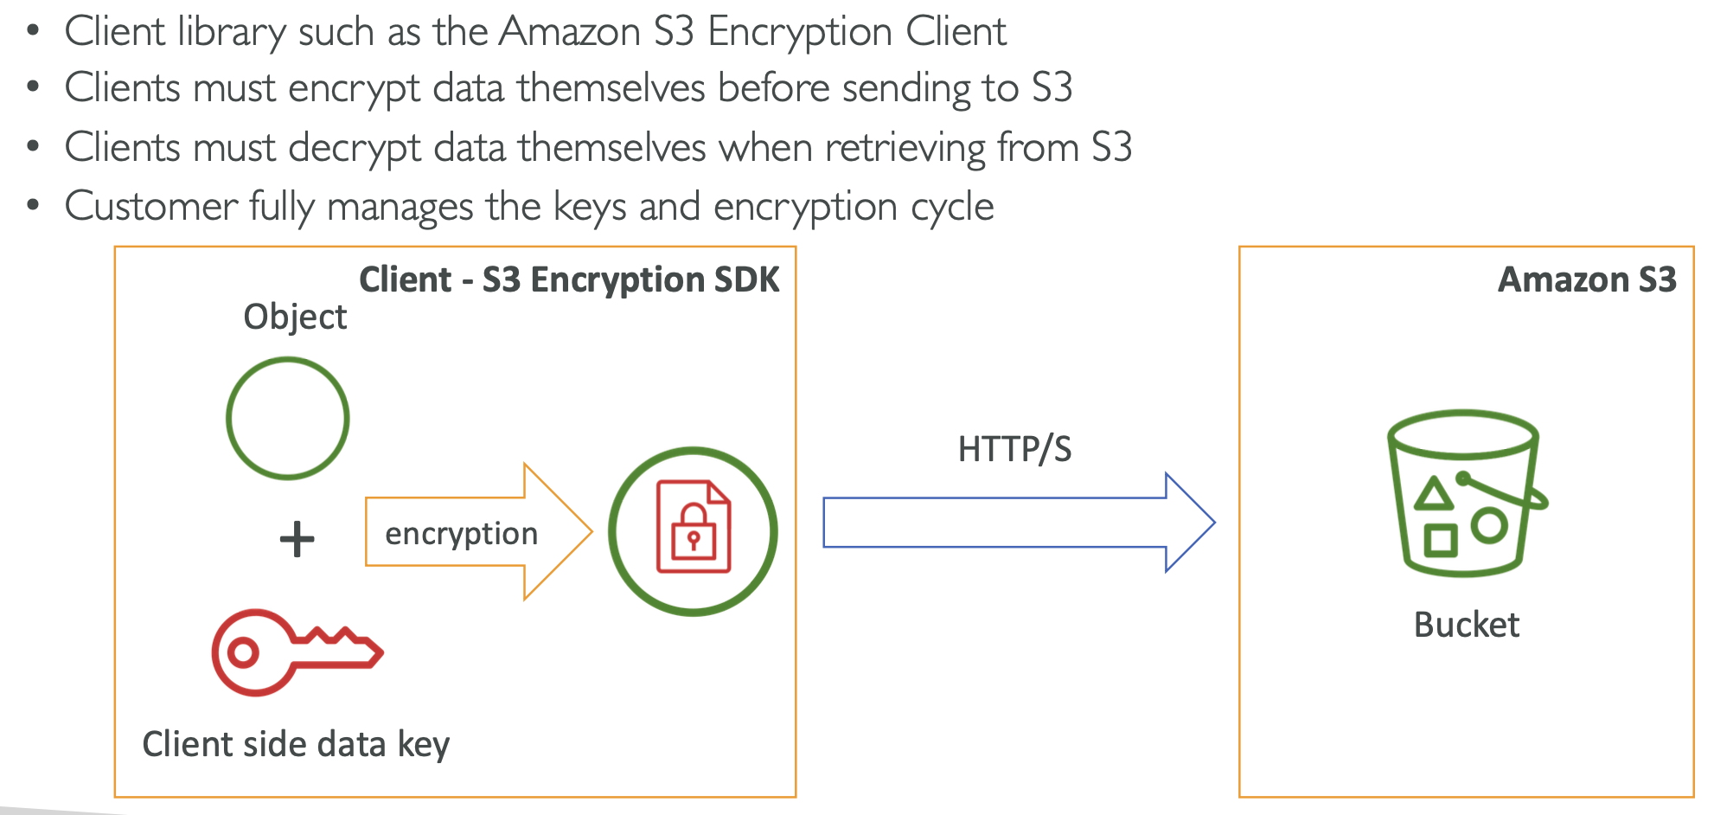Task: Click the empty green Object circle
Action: click(x=287, y=419)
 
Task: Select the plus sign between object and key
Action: click(x=297, y=539)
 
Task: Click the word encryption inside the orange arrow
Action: click(x=461, y=534)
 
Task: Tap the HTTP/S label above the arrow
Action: click(x=1014, y=449)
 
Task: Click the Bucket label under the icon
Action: click(x=1466, y=625)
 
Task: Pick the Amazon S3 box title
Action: click(x=1586, y=279)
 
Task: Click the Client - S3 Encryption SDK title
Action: click(x=569, y=279)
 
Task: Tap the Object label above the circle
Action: click(x=295, y=318)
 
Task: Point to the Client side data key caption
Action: click(x=296, y=744)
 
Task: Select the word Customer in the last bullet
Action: click(x=150, y=207)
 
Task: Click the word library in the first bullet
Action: click(x=231, y=32)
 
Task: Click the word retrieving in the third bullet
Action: click(x=905, y=148)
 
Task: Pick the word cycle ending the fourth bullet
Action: click(x=952, y=207)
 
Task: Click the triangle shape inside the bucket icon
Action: click(x=1434, y=494)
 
